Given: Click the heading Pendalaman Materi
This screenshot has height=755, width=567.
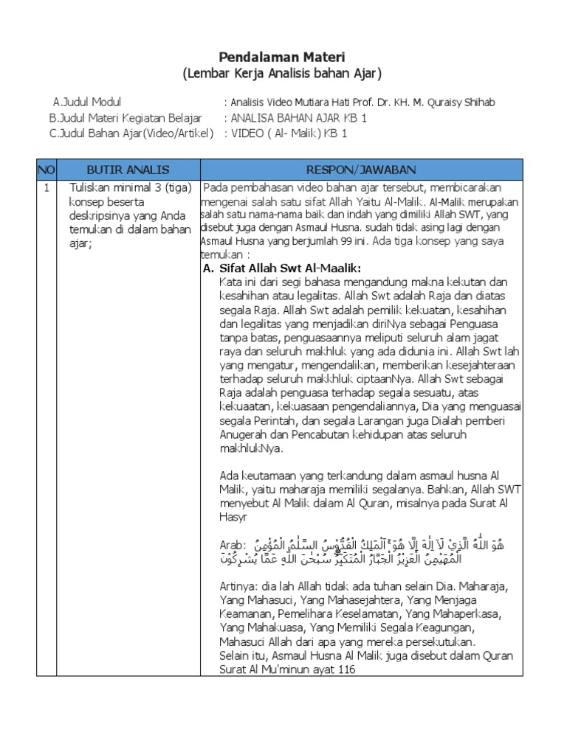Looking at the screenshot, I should tap(283, 57).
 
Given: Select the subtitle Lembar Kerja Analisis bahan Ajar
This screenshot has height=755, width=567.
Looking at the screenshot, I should tap(283, 73).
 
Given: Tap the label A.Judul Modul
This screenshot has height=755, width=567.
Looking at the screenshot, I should tap(87, 102).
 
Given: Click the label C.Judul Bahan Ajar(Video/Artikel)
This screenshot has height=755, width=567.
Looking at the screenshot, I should tap(131, 133).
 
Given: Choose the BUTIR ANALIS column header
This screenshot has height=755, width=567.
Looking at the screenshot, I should tap(128, 170).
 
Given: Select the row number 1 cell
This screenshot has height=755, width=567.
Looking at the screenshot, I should tap(46, 188).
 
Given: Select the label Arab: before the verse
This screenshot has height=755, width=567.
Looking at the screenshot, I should tap(233, 543).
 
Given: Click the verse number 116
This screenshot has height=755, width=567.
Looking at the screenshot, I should tap(346, 669).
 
